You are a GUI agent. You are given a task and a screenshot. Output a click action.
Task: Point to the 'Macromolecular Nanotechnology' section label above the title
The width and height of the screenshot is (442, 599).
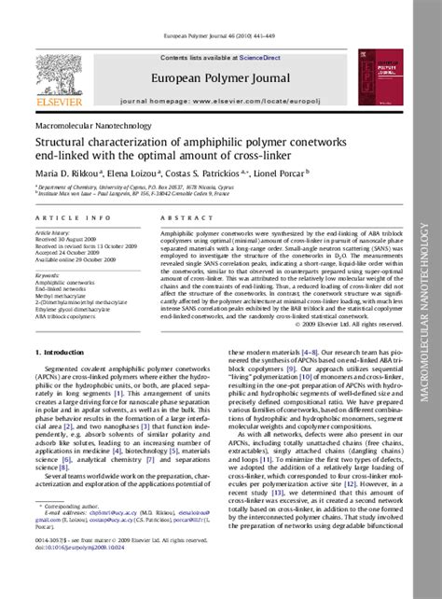83,124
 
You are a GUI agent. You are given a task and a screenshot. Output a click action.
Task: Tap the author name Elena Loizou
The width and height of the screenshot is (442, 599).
139,173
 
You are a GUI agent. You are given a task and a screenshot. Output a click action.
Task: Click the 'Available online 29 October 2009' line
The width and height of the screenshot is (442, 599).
75,258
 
